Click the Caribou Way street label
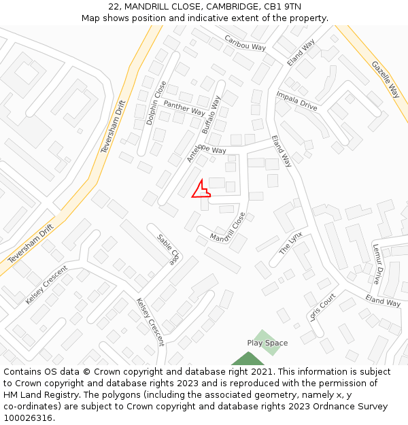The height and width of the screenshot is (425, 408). click(245, 42)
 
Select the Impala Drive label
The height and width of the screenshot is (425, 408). click(296, 101)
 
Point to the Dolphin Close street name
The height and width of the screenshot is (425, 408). click(156, 103)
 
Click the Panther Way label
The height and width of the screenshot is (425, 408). click(184, 107)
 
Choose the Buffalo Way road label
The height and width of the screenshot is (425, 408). click(211, 114)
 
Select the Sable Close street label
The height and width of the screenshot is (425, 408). click(167, 250)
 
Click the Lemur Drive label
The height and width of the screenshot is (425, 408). click(377, 265)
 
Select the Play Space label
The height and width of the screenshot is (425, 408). click(267, 343)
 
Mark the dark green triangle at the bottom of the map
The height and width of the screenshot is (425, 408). click(248, 359)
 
